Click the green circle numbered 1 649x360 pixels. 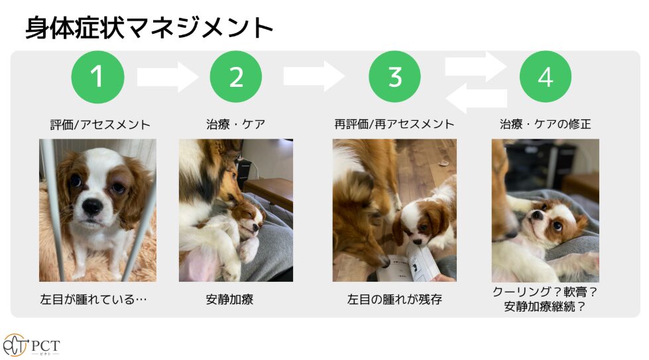97,77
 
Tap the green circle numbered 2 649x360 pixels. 236,77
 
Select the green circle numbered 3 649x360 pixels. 395,77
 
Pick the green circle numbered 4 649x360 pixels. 546,77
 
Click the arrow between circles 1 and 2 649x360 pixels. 167,77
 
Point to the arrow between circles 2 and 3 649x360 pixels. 314,76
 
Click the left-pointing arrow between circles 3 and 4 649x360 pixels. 476,99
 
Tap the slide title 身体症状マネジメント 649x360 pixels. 149,28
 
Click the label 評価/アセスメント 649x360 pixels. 100,125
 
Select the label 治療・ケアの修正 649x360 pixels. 546,124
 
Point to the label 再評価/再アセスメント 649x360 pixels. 394,124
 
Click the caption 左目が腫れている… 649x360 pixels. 93,299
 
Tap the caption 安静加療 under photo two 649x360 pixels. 230,299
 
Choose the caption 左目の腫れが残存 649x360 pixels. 394,299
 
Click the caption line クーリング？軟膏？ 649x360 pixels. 546,292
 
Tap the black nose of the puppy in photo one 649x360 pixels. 91,206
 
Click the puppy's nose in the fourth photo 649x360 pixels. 536,215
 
